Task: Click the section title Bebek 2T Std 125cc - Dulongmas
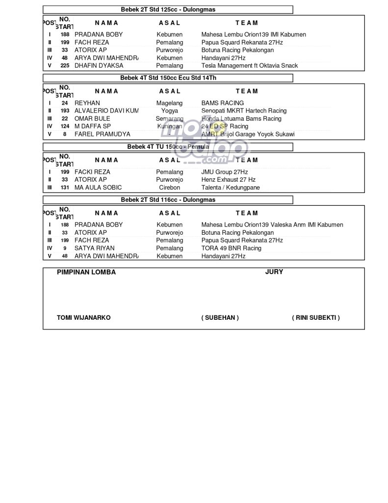(x=168, y=9)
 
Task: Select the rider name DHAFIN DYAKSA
(x=99, y=65)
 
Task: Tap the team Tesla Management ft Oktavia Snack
(x=249, y=65)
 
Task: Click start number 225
(x=65, y=65)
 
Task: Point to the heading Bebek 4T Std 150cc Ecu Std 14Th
(x=168, y=78)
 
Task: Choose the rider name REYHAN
(x=87, y=103)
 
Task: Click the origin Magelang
(x=169, y=103)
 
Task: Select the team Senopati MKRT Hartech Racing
(x=244, y=111)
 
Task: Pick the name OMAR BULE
(x=92, y=119)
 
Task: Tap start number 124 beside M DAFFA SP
(x=65, y=127)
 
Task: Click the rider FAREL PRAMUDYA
(x=102, y=134)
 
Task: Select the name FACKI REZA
(x=92, y=172)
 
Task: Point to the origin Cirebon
(x=169, y=188)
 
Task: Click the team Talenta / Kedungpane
(x=231, y=188)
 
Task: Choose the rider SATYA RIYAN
(x=95, y=248)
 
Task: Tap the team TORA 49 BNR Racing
(x=231, y=248)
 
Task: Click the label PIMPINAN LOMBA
(x=86, y=272)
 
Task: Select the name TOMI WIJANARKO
(x=83, y=317)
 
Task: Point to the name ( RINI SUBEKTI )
(x=315, y=317)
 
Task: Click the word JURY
(x=274, y=272)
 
